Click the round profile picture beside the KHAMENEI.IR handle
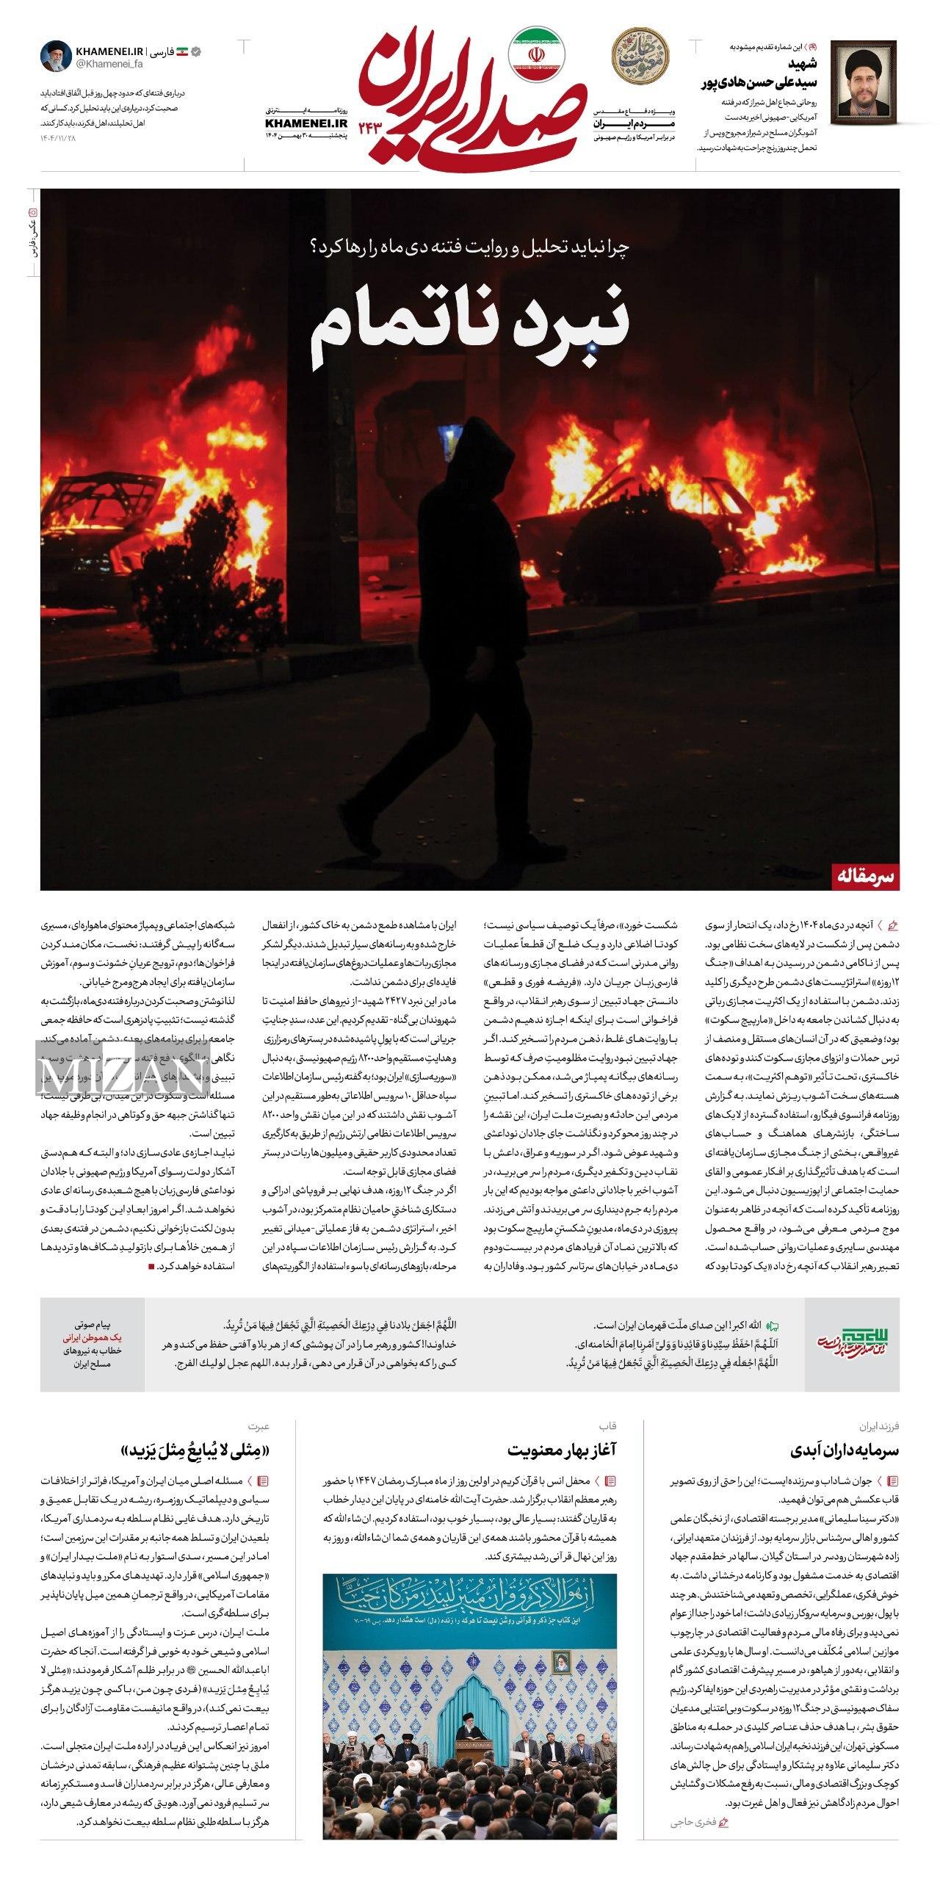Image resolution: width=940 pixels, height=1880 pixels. (x=55, y=57)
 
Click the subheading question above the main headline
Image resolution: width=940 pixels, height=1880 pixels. (x=470, y=247)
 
